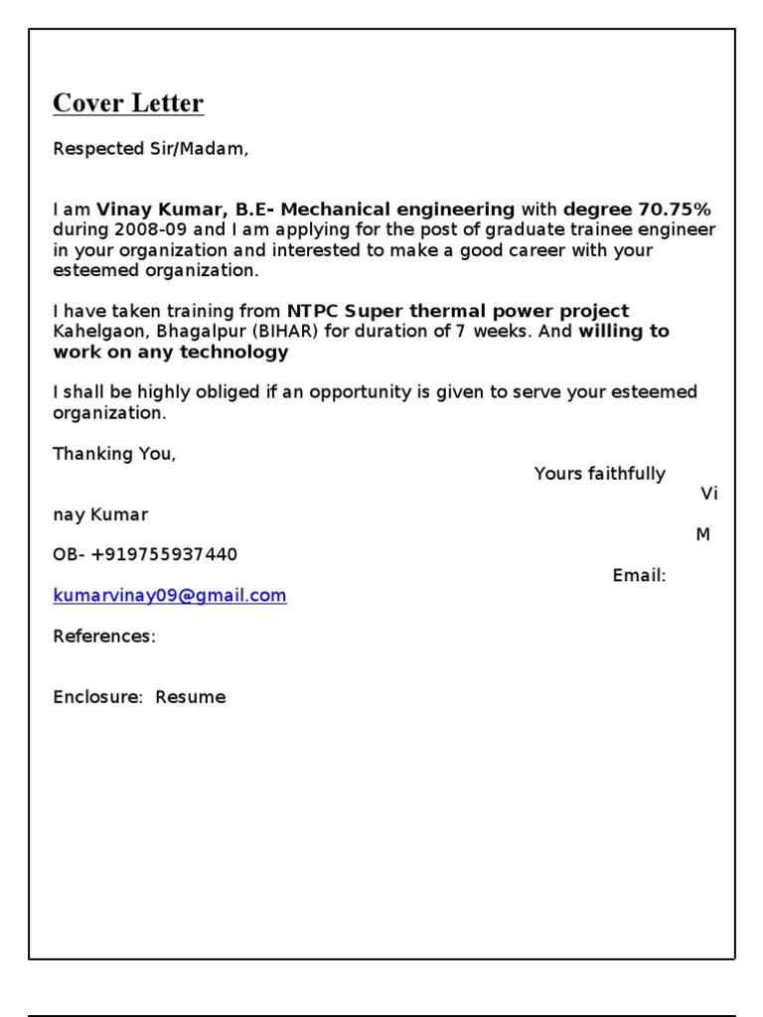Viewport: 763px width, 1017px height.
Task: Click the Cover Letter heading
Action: pyautogui.click(x=128, y=103)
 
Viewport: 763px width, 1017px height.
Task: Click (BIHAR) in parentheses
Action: pyautogui.click(x=284, y=332)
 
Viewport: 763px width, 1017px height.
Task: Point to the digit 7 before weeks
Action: pyautogui.click(x=461, y=332)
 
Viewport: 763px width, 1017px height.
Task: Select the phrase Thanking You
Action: pyautogui.click(x=114, y=454)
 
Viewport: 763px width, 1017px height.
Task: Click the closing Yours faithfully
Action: pyautogui.click(x=600, y=474)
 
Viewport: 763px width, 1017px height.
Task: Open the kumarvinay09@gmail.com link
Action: pyautogui.click(x=170, y=596)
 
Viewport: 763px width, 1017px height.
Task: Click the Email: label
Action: pyautogui.click(x=639, y=575)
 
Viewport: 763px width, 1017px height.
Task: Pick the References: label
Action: pyautogui.click(x=104, y=637)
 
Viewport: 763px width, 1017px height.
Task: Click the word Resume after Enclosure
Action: pyautogui.click(x=191, y=697)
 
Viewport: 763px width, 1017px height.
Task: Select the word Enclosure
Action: pyautogui.click(x=97, y=697)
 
